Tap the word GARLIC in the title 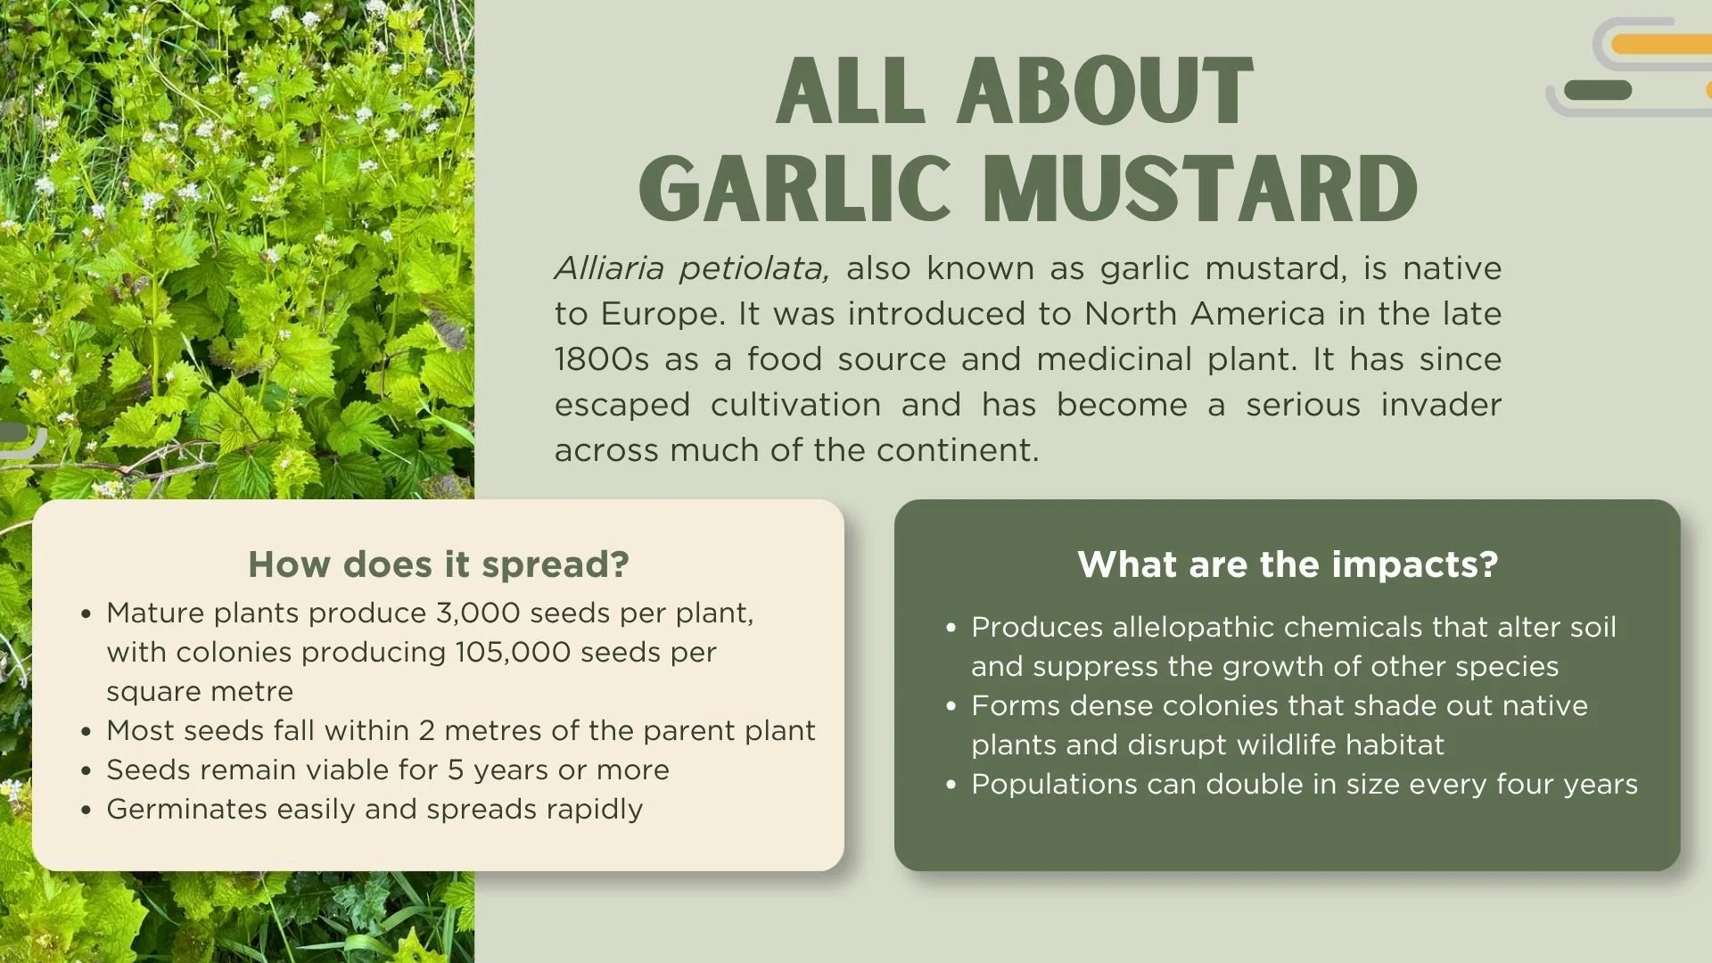coord(794,188)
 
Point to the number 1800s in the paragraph coord(601,358)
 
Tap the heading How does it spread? coord(438,564)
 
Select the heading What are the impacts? coord(1287,564)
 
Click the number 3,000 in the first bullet coord(477,613)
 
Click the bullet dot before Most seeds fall coord(86,731)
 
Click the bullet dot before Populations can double coord(951,785)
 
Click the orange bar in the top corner coord(1661,44)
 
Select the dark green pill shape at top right coord(1597,90)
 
